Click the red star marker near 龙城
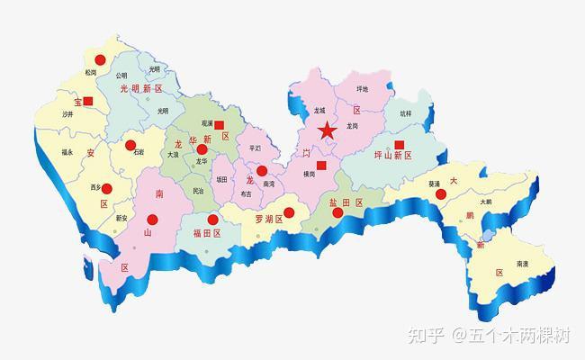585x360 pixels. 327,131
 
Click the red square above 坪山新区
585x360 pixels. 400,144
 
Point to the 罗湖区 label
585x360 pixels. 269,219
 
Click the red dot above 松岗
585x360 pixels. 101,59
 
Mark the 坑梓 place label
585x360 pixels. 405,114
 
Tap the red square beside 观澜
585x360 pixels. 219,126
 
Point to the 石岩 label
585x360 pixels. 138,153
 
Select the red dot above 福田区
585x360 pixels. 212,219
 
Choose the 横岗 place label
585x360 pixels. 309,174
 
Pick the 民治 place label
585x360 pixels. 198,191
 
